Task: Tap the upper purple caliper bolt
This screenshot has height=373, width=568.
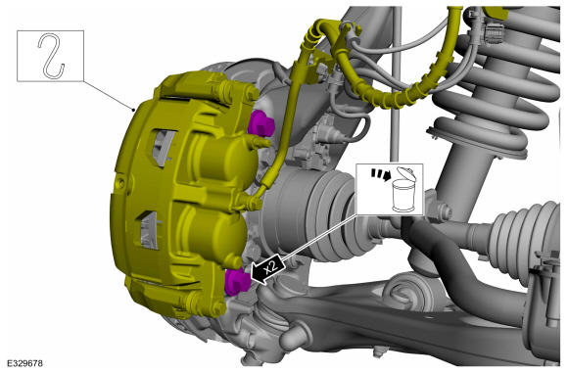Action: (261, 123)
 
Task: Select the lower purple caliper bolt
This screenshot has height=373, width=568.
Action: (237, 282)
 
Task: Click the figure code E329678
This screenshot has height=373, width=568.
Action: (24, 362)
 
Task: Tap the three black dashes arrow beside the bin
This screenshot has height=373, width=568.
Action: (380, 174)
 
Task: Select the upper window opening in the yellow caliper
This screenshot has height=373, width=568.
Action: (163, 148)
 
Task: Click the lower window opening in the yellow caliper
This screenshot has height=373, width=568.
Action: (149, 231)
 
